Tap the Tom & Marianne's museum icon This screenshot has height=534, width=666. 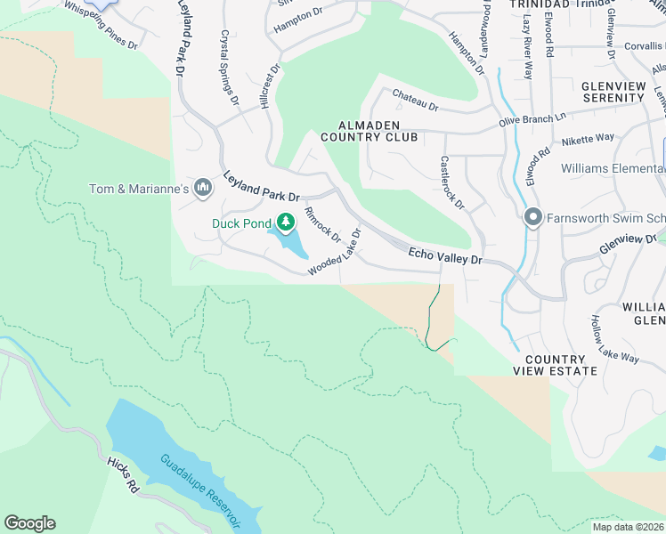tap(203, 188)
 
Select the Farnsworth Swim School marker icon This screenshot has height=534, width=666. tap(532, 217)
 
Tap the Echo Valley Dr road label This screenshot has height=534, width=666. tap(444, 256)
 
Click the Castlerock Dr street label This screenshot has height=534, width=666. tap(452, 182)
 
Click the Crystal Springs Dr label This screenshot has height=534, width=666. tap(229, 69)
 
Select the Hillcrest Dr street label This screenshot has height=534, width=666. tap(270, 85)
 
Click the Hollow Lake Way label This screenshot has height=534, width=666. tap(615, 339)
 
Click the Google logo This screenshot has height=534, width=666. tap(29, 523)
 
